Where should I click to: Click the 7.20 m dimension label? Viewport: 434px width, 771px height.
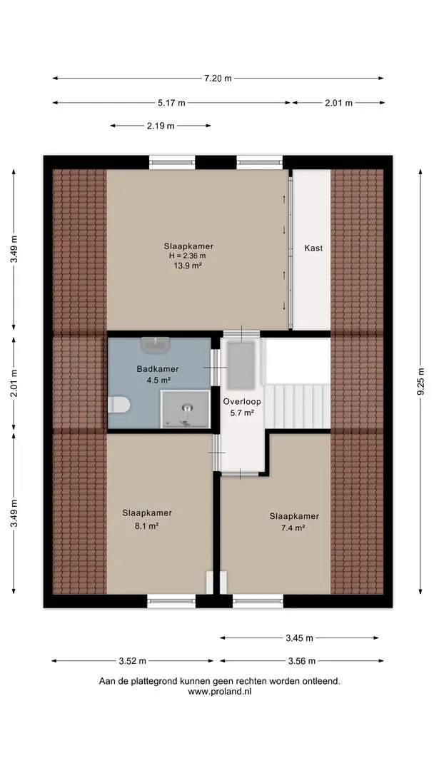tap(218, 79)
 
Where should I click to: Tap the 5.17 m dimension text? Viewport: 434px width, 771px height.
tap(171, 103)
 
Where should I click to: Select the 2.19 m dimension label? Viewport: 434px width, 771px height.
tap(160, 126)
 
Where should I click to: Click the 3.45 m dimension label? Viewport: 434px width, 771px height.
tap(299, 638)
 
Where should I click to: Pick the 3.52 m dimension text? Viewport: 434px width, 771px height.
tap(132, 661)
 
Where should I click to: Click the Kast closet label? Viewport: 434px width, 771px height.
tap(313, 248)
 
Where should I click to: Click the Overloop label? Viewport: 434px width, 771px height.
tap(242, 401)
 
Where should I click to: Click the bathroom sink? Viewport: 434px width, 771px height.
tap(156, 343)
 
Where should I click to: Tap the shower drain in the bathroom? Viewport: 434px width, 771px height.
tap(187, 407)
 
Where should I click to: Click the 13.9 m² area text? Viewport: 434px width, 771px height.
tap(188, 265)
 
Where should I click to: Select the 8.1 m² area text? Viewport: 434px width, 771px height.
tap(147, 525)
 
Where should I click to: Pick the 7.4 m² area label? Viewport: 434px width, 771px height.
tap(294, 528)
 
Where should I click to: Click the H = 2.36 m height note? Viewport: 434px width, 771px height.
tap(188, 256)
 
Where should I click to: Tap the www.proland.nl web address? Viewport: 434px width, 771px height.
tap(220, 691)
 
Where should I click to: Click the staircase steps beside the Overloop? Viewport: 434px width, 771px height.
tap(297, 406)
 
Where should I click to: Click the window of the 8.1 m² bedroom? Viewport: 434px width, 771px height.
tap(171, 601)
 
